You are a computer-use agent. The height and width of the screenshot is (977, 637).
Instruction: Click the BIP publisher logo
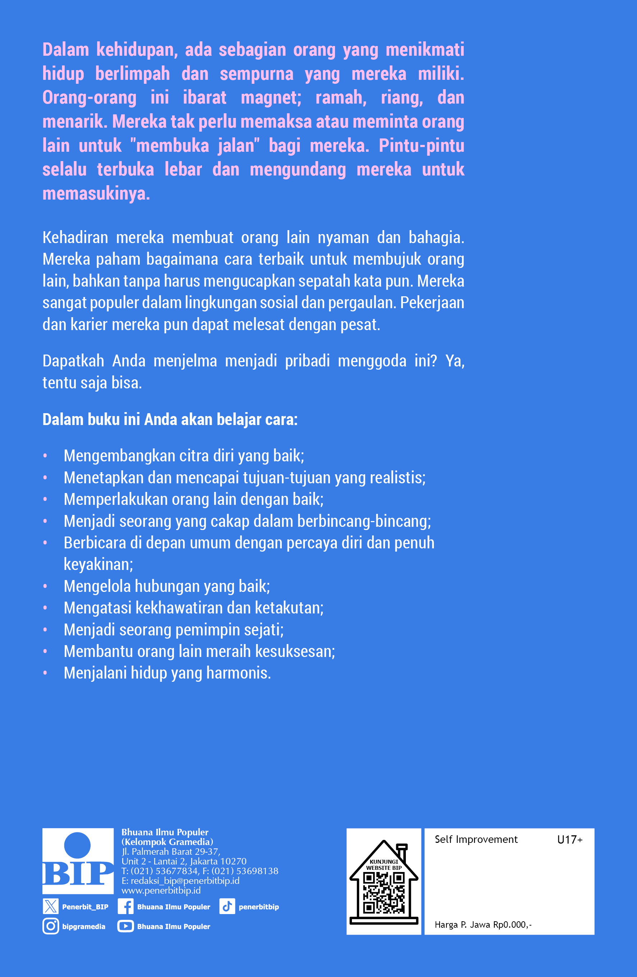(78, 861)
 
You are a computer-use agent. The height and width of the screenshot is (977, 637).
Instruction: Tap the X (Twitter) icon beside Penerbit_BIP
(50, 907)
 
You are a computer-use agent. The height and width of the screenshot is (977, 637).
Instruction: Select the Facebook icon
(125, 907)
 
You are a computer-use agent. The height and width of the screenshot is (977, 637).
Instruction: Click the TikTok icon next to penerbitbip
(227, 907)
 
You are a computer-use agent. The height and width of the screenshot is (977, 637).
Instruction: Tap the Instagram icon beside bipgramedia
(50, 926)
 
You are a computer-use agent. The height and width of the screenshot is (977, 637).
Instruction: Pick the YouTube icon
(125, 926)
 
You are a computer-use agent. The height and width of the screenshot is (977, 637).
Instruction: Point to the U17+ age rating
(570, 840)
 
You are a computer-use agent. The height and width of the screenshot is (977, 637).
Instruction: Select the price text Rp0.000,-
(512, 925)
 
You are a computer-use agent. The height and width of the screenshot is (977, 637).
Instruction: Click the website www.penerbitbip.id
(161, 890)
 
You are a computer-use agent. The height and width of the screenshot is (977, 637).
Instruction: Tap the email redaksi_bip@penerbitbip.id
(185, 881)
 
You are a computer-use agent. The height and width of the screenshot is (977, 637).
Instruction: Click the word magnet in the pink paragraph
(271, 98)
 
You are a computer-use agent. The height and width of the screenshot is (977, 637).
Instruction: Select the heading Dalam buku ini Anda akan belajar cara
(170, 420)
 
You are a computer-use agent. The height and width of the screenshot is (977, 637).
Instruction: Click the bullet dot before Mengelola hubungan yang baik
(45, 586)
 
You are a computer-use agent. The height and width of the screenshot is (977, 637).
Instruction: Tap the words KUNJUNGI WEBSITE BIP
(384, 864)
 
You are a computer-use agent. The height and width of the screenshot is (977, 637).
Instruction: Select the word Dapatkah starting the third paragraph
(73, 361)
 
